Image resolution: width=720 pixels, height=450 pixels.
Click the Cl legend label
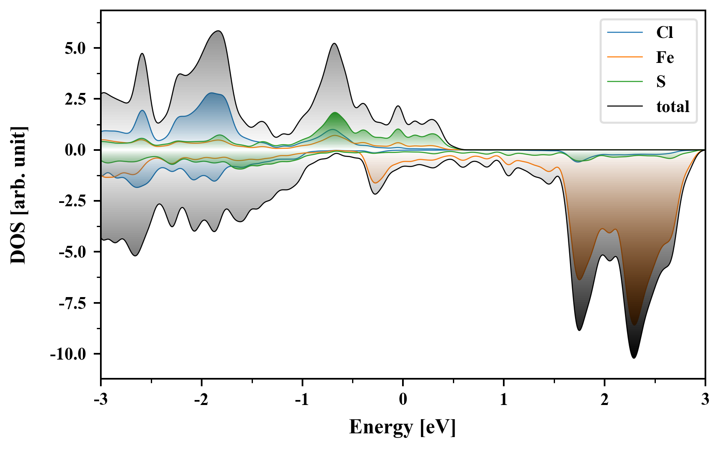point(665,32)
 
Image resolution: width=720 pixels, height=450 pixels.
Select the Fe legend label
point(665,57)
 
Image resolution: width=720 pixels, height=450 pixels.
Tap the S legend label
point(661,82)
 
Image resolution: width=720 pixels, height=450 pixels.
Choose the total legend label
point(673,107)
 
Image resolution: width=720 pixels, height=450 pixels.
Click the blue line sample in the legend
point(625,32)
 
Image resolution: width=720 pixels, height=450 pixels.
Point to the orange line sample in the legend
point(625,57)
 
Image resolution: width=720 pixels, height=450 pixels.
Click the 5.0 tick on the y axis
point(75,48)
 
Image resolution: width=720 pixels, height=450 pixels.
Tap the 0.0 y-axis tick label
point(75,150)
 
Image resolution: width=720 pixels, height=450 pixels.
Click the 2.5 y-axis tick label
point(75,100)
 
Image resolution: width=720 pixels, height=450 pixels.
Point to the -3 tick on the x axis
point(100,400)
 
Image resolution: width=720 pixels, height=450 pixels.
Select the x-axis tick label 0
point(403,400)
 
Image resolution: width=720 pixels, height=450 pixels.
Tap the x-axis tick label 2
point(604,400)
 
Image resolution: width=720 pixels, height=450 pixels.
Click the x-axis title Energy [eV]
point(402,427)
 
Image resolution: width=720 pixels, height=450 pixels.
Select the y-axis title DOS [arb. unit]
point(18,195)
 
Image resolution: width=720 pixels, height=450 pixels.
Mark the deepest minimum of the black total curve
point(634,358)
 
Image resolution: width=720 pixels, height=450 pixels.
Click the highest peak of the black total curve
point(218,31)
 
